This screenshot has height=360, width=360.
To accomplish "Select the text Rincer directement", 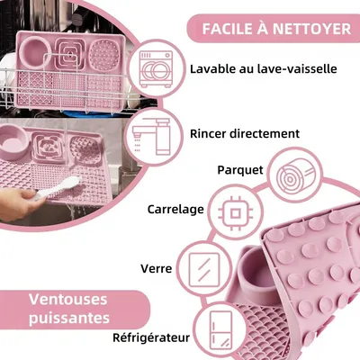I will point(244,133).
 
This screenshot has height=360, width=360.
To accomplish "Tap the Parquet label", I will point(241,169).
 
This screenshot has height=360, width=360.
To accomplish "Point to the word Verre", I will point(157,268).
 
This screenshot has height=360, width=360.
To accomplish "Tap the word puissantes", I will point(67,319).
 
